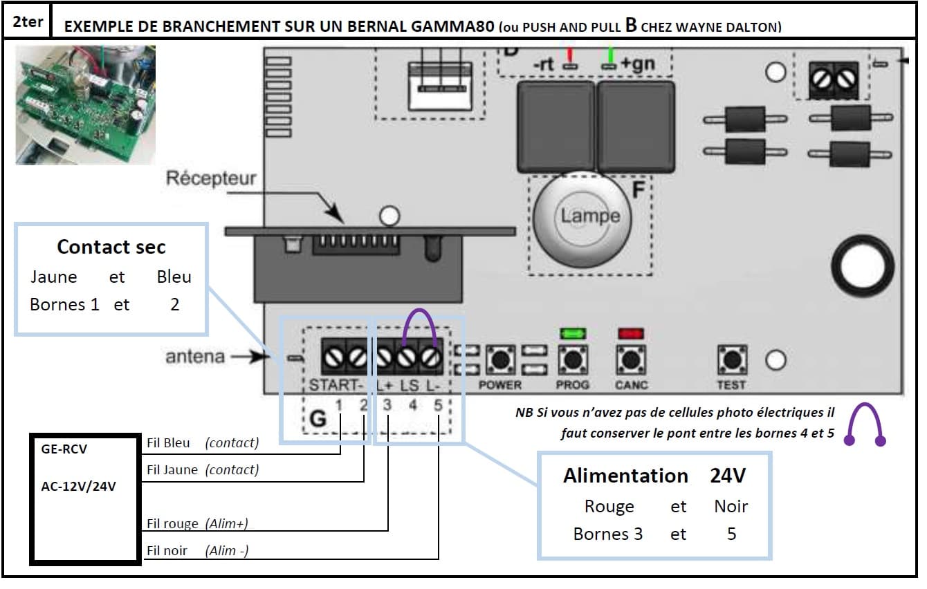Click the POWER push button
(499, 359)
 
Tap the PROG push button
(572, 359)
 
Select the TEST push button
(731, 359)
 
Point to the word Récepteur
(210, 178)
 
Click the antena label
(194, 357)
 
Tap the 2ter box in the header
(28, 21)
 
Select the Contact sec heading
(111, 247)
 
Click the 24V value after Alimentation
(728, 476)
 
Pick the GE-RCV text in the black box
(64, 449)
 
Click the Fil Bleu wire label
(169, 442)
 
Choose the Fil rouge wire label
(173, 523)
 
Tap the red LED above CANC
(630, 333)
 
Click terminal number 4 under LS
(413, 405)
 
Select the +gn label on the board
(637, 64)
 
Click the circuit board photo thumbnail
(85, 104)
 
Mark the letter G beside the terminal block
(318, 418)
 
